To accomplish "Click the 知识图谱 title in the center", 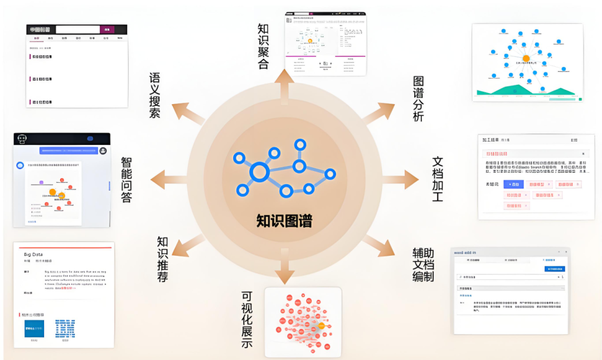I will point(284,221).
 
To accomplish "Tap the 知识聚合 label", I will point(263,46).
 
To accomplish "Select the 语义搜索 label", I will point(155,95).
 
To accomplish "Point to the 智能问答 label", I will point(127,179).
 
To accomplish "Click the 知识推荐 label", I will point(162,259).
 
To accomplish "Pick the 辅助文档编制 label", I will point(423,265).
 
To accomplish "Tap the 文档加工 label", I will point(438,179).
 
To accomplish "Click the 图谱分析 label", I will point(418,99).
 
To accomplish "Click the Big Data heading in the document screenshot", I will point(34,255).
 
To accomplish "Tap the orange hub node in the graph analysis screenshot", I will point(525,58).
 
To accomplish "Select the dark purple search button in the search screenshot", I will point(108,30).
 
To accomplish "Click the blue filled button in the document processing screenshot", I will point(514,184).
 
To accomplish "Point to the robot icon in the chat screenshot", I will point(22,138).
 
